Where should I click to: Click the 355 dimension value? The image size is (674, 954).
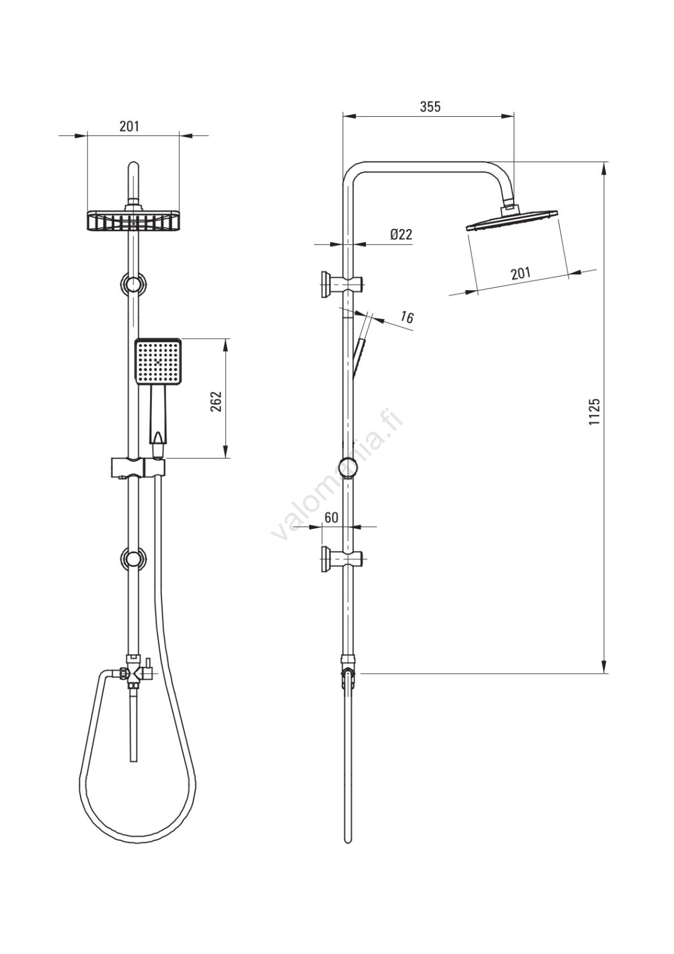(x=430, y=107)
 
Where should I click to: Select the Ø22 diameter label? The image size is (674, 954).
(x=401, y=234)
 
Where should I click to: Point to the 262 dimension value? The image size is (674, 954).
(x=216, y=401)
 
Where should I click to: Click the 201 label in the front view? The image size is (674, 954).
(x=129, y=126)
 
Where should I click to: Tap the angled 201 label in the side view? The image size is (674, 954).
(x=520, y=273)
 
